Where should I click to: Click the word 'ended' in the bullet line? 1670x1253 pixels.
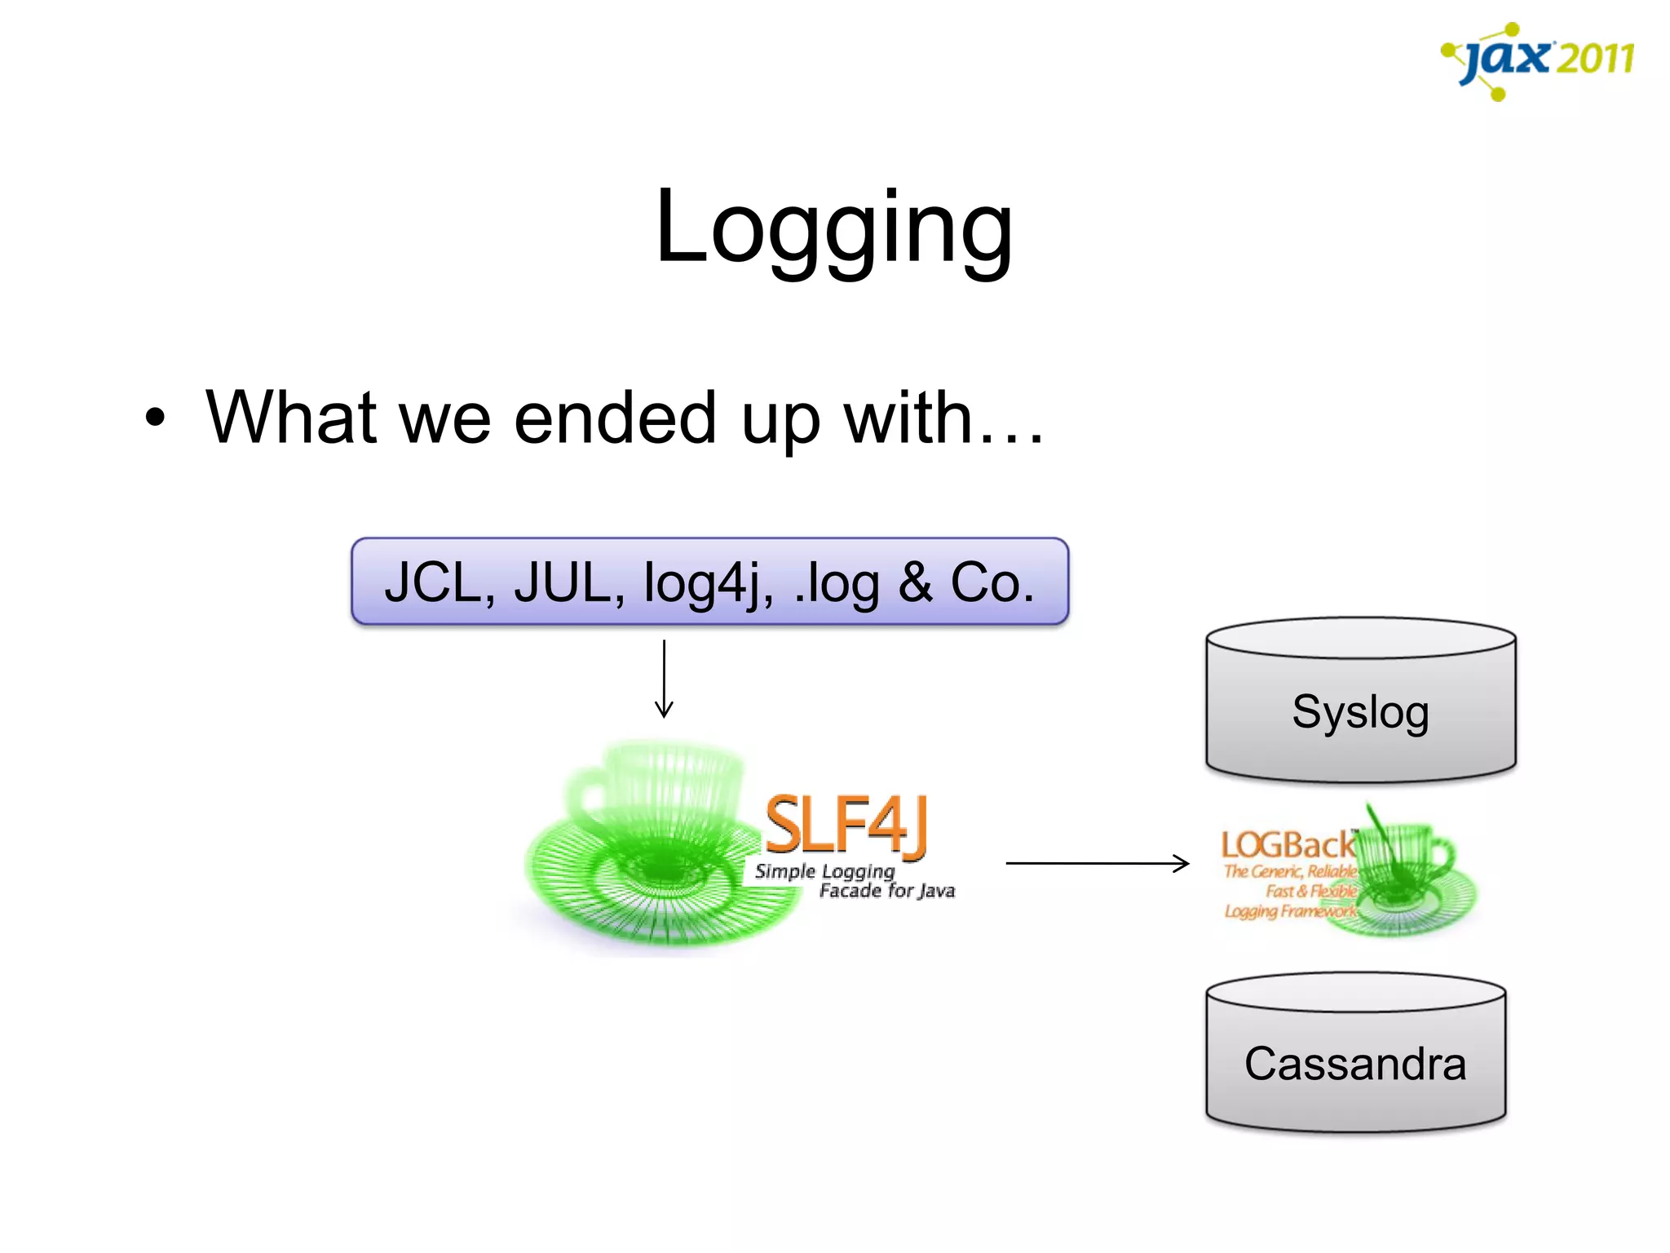[x=615, y=418]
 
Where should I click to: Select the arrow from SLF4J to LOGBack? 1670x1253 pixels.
[x=1097, y=862]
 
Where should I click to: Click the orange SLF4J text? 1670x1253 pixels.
[x=846, y=826]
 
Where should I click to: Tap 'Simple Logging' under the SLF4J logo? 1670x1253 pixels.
[x=824, y=871]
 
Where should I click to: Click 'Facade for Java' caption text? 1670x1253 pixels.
[x=886, y=891]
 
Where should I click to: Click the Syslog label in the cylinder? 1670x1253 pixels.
[x=1360, y=711]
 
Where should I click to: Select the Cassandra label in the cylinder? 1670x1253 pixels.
[x=1355, y=1064]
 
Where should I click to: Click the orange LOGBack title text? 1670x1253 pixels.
[x=1287, y=845]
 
